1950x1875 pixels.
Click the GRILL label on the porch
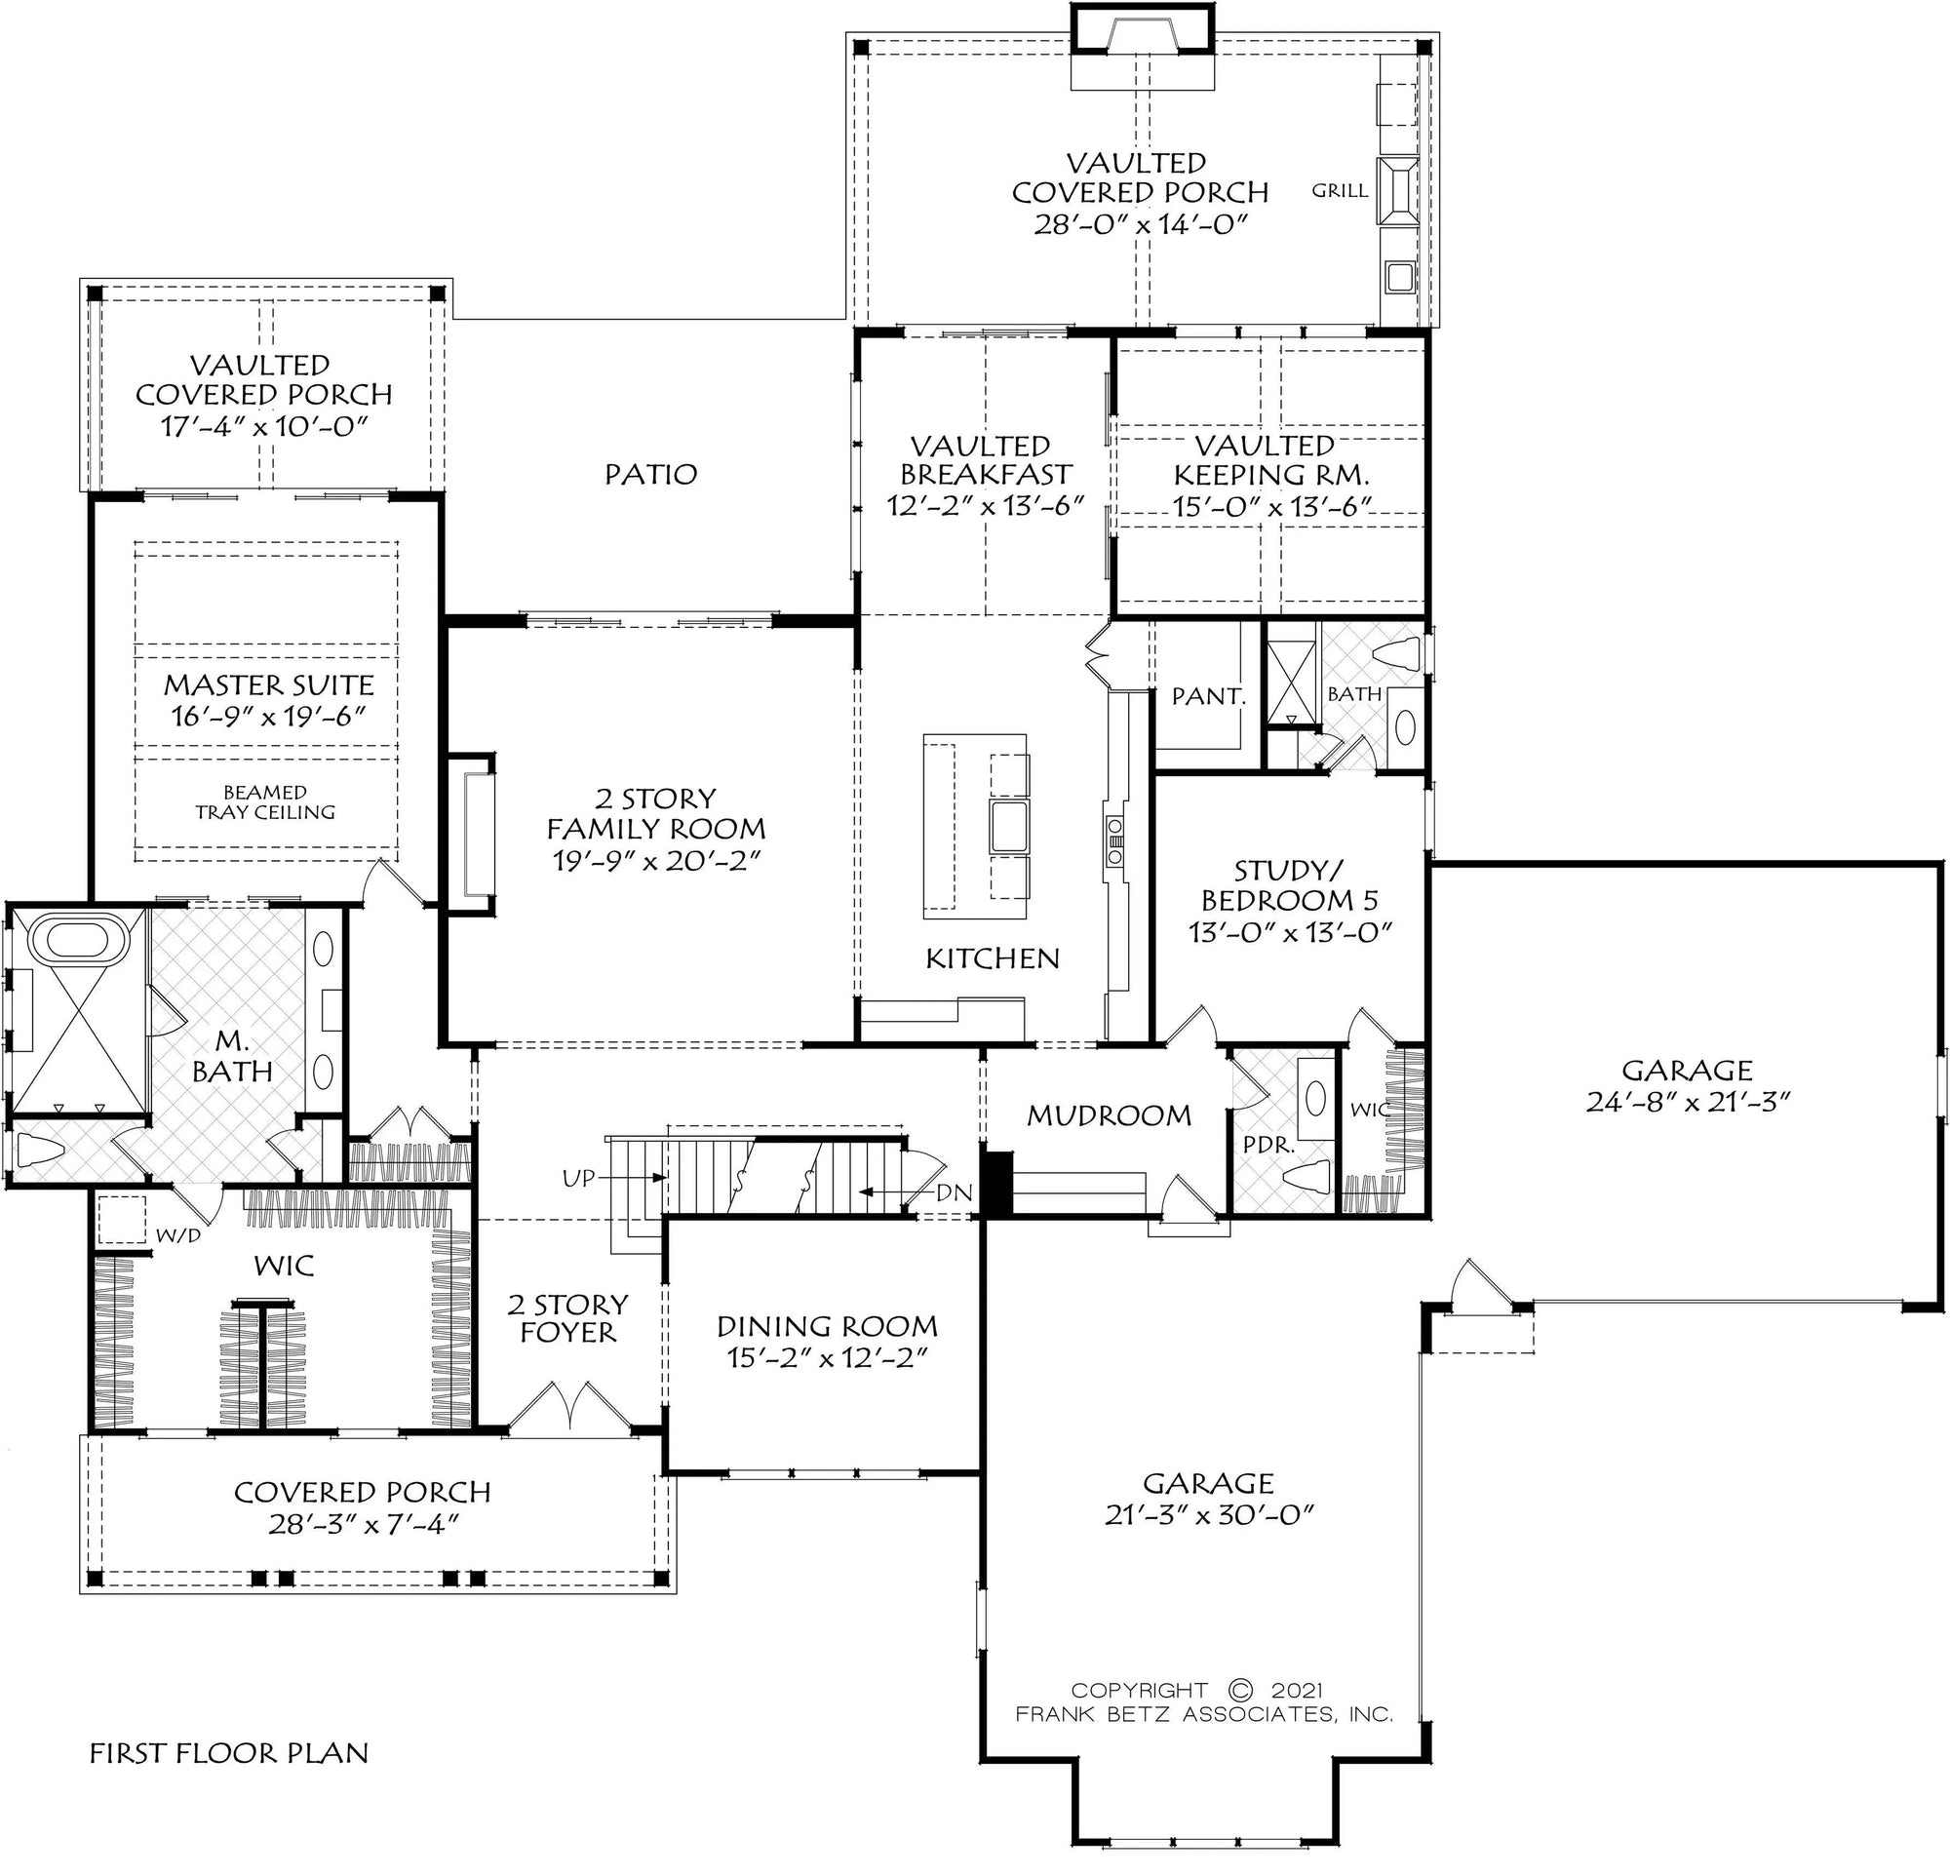click(x=1339, y=191)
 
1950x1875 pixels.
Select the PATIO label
click(x=650, y=475)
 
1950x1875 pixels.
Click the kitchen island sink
click(x=1009, y=827)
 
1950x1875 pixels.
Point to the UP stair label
click(x=578, y=1179)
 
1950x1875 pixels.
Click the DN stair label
click(x=955, y=1192)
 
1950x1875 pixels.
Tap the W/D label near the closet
click(x=179, y=1234)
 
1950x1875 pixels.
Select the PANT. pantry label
click(x=1208, y=696)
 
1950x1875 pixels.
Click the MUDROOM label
click(x=1109, y=1116)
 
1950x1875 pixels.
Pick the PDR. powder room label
click(x=1269, y=1145)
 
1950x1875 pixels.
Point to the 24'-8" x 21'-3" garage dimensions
click(x=1688, y=1102)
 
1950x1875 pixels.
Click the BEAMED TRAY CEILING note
click(x=264, y=801)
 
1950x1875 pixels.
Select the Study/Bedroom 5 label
click(x=1289, y=885)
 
